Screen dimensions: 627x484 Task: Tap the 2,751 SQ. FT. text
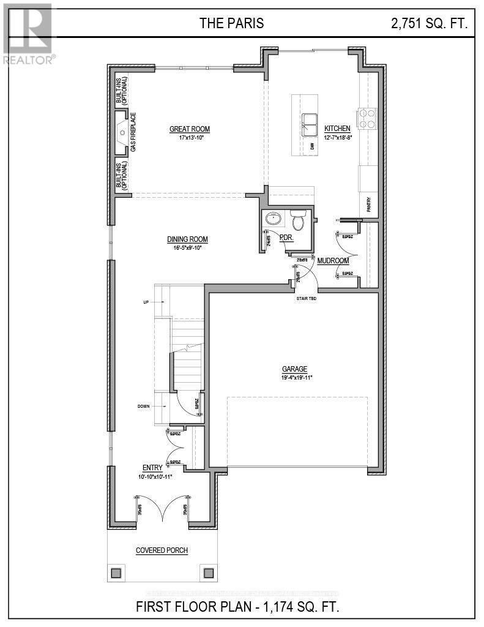click(429, 24)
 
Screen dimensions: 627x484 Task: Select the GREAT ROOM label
click(190, 129)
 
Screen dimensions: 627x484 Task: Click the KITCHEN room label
click(337, 129)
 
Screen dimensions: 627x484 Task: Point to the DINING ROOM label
click(188, 239)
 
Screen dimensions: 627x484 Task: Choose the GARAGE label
click(294, 369)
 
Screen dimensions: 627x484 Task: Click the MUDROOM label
click(333, 261)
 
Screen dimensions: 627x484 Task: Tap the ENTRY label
click(152, 468)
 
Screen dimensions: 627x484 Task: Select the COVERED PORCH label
click(162, 550)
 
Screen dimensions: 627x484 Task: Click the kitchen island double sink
click(309, 124)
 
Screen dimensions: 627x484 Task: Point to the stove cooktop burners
click(367, 118)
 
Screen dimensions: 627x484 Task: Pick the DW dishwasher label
click(312, 146)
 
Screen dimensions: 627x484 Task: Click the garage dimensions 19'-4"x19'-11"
click(294, 377)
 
